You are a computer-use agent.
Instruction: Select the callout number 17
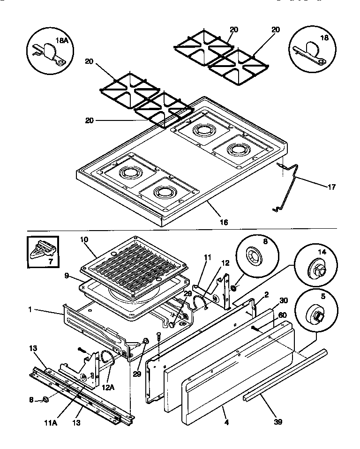tap(331, 187)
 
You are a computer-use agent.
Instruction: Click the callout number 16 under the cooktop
tap(224, 222)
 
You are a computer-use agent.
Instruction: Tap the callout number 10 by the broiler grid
tap(84, 239)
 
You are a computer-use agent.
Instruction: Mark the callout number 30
tap(283, 301)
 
